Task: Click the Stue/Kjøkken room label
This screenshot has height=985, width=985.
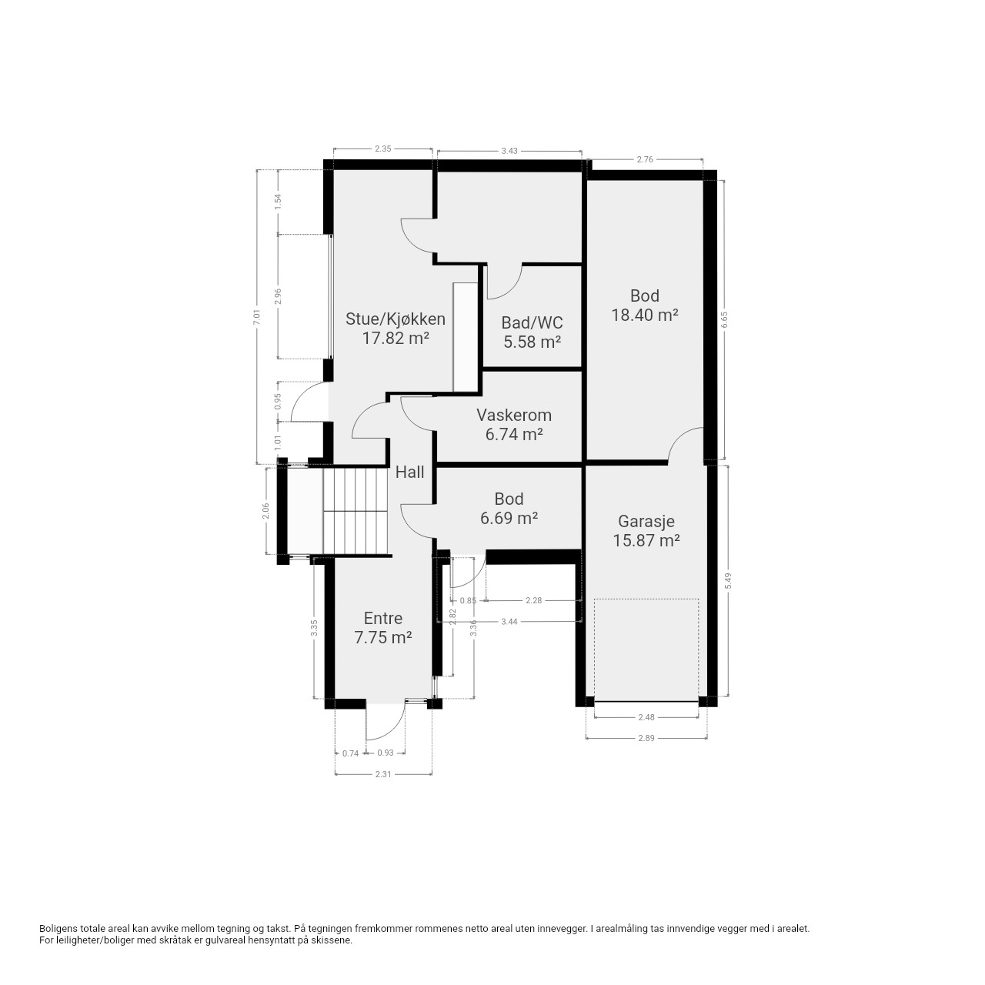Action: tap(395, 319)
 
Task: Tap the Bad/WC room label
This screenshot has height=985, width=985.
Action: tap(532, 322)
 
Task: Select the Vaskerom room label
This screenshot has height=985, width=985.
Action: tap(514, 415)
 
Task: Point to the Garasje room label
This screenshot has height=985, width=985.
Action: tap(646, 521)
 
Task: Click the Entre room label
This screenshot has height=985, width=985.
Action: tap(383, 618)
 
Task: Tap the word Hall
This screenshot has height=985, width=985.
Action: tap(409, 472)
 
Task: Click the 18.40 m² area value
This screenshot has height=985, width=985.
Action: tap(645, 315)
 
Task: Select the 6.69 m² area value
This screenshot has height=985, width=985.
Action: tap(509, 518)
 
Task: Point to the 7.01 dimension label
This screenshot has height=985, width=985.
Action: tap(257, 317)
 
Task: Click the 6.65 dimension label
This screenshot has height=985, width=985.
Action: tap(724, 319)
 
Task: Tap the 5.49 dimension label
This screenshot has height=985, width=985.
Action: tap(728, 580)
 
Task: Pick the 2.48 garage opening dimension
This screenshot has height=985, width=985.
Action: tap(646, 717)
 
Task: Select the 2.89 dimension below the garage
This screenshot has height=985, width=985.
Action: tap(646, 738)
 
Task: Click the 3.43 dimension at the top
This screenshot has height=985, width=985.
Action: tap(509, 151)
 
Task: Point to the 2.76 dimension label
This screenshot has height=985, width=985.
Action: tap(645, 159)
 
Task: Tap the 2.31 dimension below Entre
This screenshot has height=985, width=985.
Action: tap(383, 774)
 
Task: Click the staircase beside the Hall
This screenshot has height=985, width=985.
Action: tap(356, 511)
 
